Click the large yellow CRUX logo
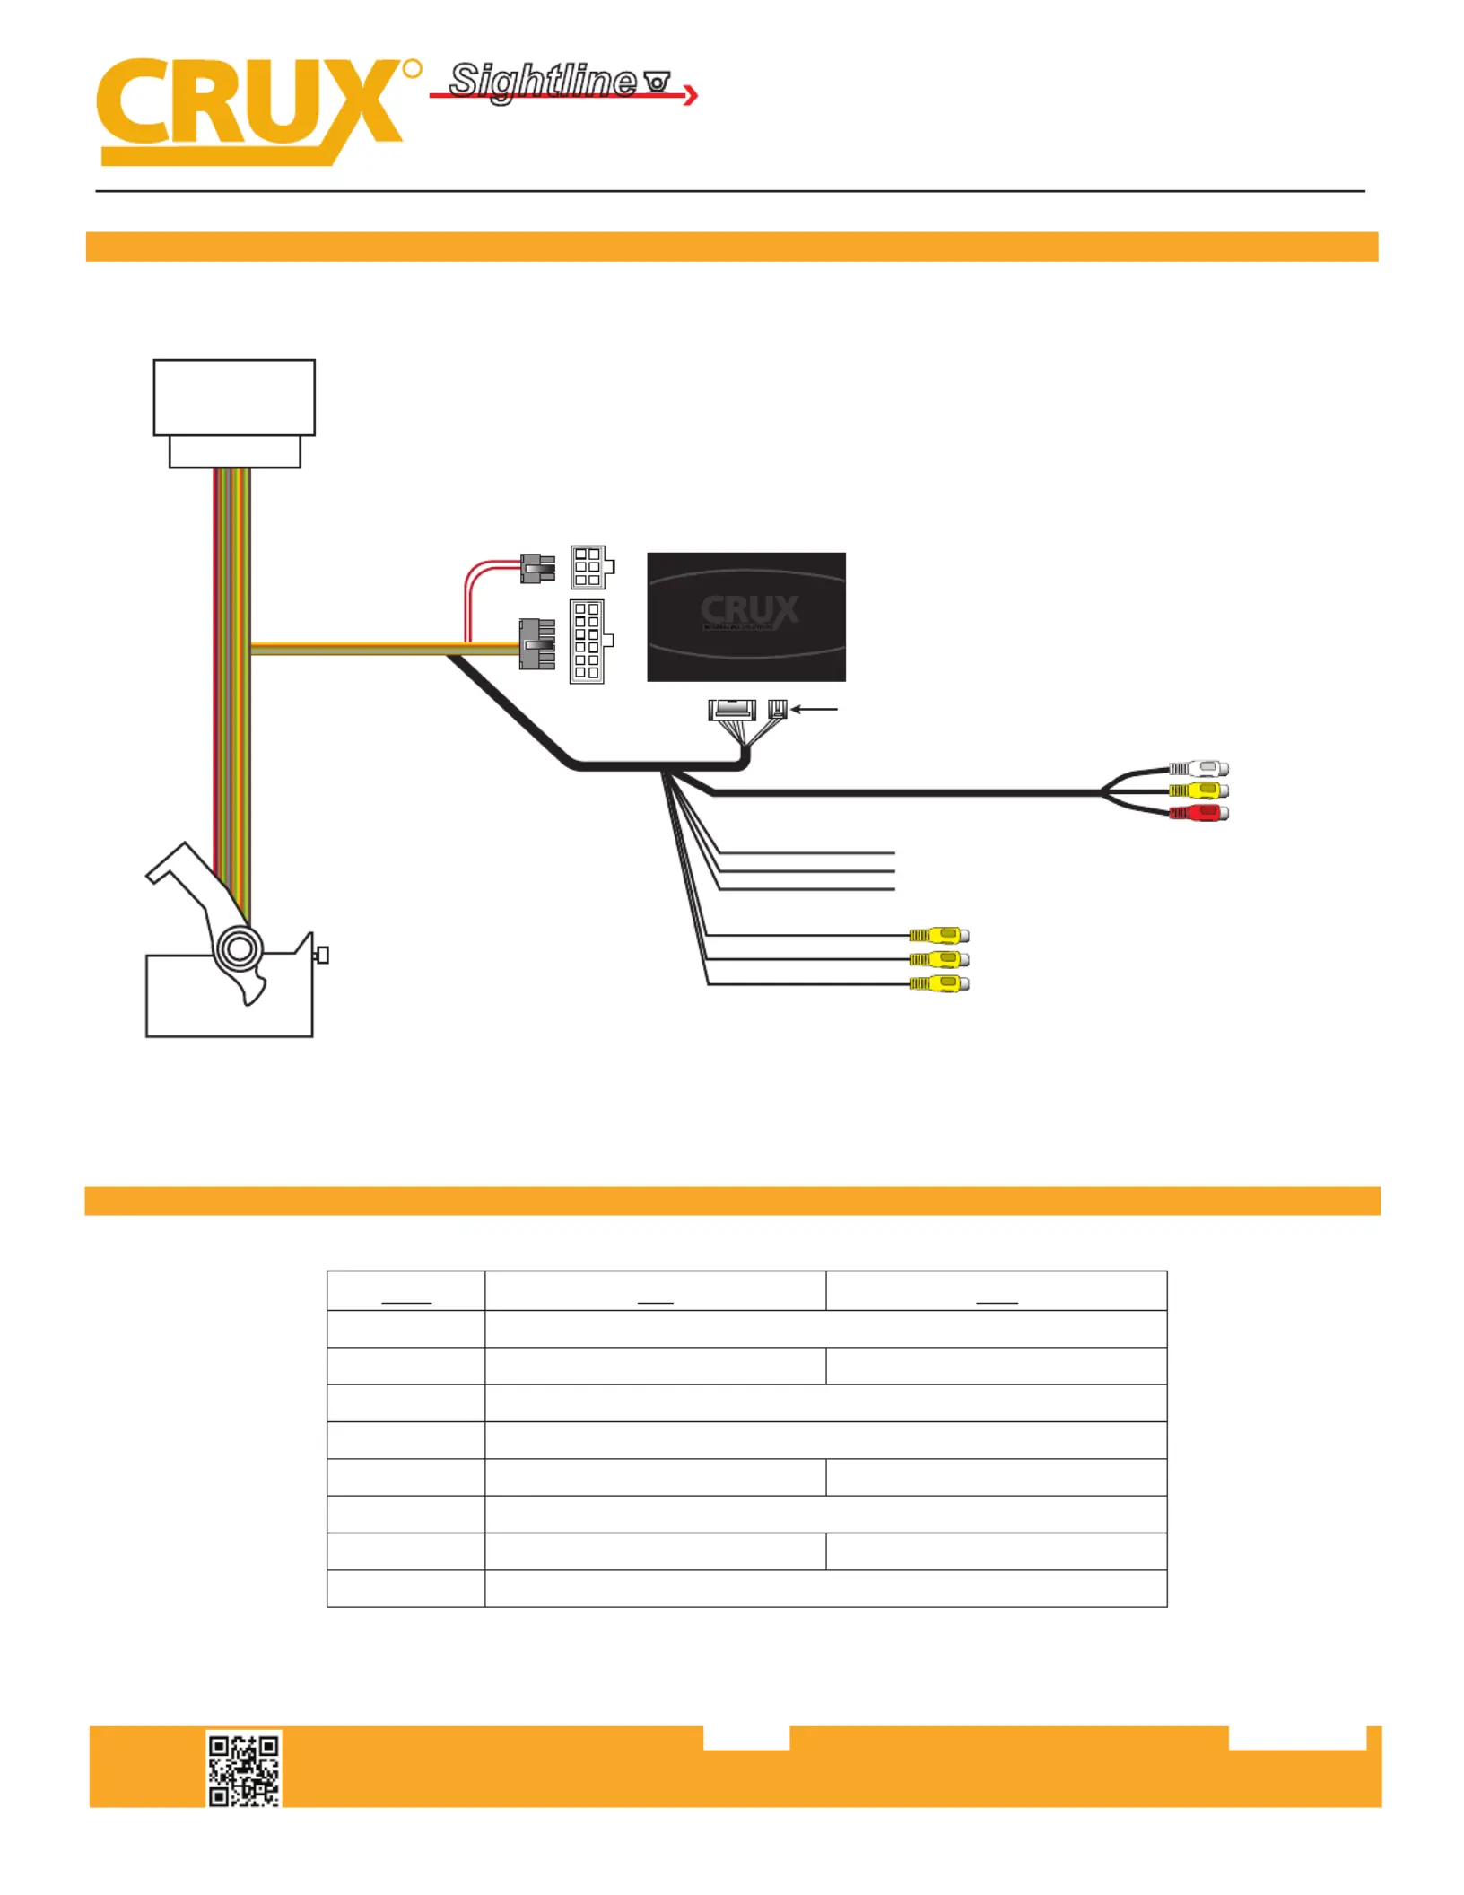pos(251,111)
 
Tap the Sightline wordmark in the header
pos(543,81)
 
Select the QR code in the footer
pos(244,1768)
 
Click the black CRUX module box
pos(746,616)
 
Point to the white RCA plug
pos(1199,768)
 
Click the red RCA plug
pos(1199,813)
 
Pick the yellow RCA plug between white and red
pos(1199,790)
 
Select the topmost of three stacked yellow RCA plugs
pos(939,935)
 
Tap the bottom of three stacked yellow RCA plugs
pos(939,984)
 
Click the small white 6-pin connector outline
pos(592,567)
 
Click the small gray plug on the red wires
pos(537,569)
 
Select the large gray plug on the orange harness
pos(536,644)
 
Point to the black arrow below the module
pos(814,710)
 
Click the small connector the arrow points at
pos(778,710)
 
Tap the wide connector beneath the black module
pos(732,711)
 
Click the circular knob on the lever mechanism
pos(240,948)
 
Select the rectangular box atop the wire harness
pos(234,414)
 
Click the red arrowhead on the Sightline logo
pos(691,94)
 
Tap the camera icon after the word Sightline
pos(658,83)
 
